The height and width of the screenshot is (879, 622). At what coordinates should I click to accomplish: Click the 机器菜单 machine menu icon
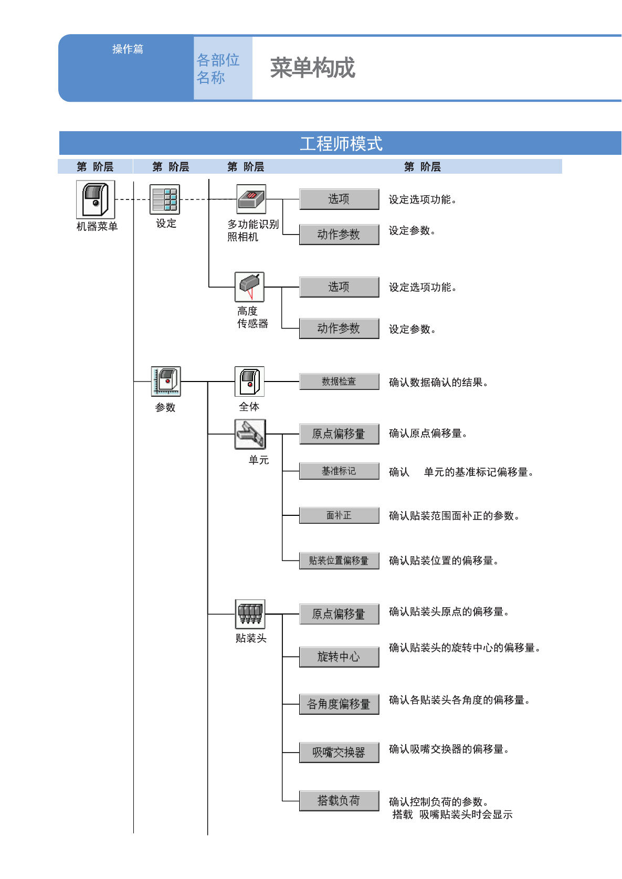tap(95, 199)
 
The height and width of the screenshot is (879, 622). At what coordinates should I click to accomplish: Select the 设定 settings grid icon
tap(165, 199)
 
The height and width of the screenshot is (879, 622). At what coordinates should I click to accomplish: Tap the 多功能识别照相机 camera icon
tap(251, 199)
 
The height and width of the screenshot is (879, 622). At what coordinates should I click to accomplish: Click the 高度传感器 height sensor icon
tap(249, 287)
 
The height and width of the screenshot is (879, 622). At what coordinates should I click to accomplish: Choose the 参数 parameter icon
tap(166, 381)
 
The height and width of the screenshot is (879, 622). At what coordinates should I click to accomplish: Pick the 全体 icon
tap(249, 381)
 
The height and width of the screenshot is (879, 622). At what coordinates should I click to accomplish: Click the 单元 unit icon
tap(250, 434)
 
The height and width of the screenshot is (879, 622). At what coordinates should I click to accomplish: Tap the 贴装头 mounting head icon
tap(250, 614)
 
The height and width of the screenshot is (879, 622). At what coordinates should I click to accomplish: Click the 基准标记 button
tap(339, 471)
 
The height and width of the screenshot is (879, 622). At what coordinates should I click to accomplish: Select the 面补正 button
tap(339, 515)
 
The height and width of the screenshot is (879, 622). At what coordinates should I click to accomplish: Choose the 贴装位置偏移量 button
tap(339, 560)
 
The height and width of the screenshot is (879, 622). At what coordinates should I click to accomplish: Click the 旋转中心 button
tap(339, 657)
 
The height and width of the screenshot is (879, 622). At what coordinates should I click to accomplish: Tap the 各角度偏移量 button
tap(339, 704)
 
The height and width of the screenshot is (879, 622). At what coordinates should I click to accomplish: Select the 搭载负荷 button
tap(339, 801)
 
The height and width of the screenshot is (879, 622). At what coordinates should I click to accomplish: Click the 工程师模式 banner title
tap(341, 144)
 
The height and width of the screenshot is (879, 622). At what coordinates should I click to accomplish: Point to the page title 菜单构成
tap(313, 68)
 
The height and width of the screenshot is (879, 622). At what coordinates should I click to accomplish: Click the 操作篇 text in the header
tap(128, 49)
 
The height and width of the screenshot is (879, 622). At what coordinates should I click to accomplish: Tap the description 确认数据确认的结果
tap(438, 383)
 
